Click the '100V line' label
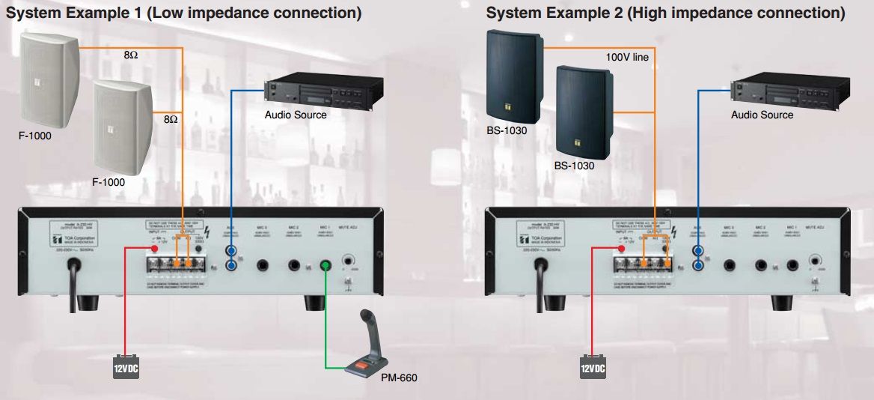click(x=627, y=56)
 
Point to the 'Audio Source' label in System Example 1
click(x=296, y=115)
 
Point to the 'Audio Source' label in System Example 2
click(x=762, y=115)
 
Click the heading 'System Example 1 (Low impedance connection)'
click(x=184, y=13)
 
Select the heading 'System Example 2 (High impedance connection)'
click(x=665, y=13)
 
